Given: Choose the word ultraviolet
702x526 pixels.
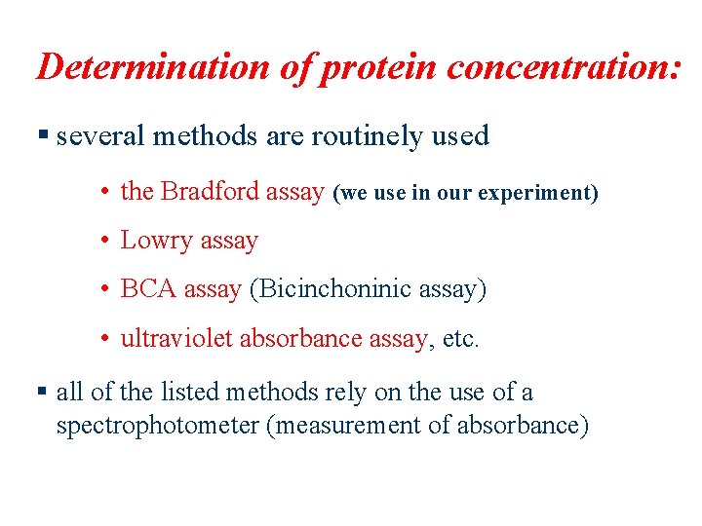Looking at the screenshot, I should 176,338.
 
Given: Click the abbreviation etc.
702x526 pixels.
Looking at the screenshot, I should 460,339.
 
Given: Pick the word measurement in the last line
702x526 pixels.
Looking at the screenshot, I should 331,427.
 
